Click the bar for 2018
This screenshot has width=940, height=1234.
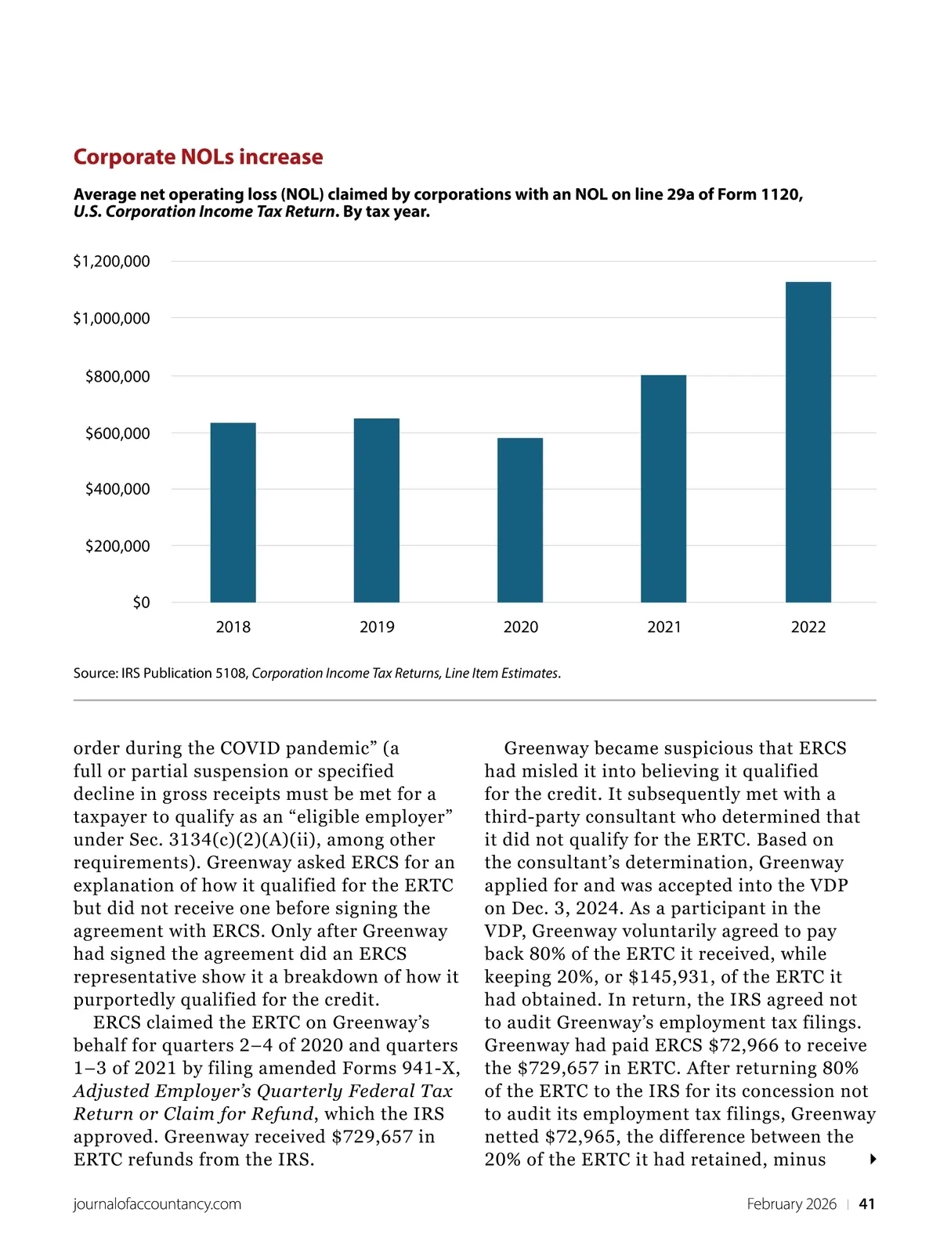233,512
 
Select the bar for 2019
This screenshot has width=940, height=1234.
377,510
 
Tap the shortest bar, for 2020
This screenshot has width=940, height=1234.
520,520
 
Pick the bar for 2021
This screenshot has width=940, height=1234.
663,489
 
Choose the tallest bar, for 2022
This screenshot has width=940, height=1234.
808,442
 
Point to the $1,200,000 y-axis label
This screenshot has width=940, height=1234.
111,262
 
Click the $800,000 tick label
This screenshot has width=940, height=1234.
117,377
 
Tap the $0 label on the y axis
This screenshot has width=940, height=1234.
141,603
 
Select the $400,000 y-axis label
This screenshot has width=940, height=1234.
117,490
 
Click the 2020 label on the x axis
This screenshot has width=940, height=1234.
520,627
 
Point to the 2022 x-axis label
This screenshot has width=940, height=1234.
808,627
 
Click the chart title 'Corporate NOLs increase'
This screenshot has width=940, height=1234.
198,157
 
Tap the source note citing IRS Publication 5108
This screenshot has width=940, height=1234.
317,673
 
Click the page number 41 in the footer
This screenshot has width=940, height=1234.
867,1204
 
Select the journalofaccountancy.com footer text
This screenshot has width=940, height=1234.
157,1204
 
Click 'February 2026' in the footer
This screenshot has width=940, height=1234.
791,1204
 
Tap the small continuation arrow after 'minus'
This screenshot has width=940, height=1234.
873,1160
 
